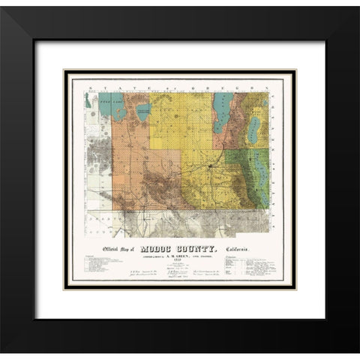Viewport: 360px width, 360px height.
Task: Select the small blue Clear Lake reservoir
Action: point(142,112)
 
